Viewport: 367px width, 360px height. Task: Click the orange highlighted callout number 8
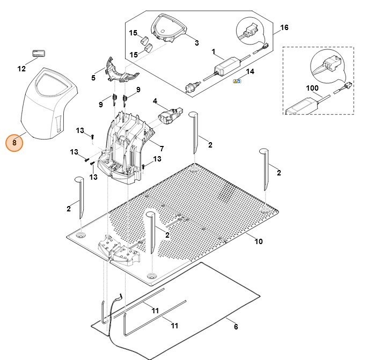coord(14,143)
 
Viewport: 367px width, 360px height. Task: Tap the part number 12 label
coord(21,69)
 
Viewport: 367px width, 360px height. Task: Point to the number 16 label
coord(284,27)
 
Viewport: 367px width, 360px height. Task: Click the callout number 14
coord(249,71)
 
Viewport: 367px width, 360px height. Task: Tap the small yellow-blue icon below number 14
coord(237,81)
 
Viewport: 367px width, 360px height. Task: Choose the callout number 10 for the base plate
coord(259,241)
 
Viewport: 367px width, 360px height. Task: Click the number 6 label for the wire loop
coord(236,327)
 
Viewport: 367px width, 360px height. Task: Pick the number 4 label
coord(155,101)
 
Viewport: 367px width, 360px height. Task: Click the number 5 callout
coord(93,78)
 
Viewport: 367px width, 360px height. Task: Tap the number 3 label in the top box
coord(196,42)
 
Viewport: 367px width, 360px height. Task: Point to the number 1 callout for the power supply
coord(214,53)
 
